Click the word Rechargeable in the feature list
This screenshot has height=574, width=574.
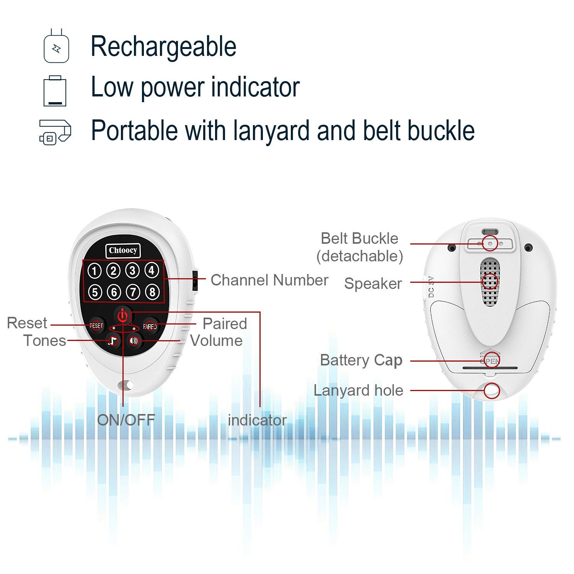(163, 47)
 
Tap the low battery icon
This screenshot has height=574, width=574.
(55, 91)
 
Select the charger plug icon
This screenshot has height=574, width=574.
(56, 46)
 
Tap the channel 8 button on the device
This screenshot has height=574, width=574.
(152, 292)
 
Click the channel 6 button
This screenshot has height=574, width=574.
(114, 292)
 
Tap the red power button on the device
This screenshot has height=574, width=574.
(123, 316)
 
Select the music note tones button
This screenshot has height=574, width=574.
(113, 340)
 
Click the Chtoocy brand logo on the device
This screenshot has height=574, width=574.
(123, 251)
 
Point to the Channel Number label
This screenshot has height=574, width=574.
(269, 280)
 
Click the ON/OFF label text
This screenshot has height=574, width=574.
(126, 420)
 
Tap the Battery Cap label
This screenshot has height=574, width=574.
(361, 360)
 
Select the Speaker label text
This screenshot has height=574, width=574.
(373, 284)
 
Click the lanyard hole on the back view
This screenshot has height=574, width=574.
(492, 391)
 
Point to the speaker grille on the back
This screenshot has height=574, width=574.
(490, 282)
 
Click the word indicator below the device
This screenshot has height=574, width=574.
(257, 420)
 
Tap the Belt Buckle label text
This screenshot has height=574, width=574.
(359, 238)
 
